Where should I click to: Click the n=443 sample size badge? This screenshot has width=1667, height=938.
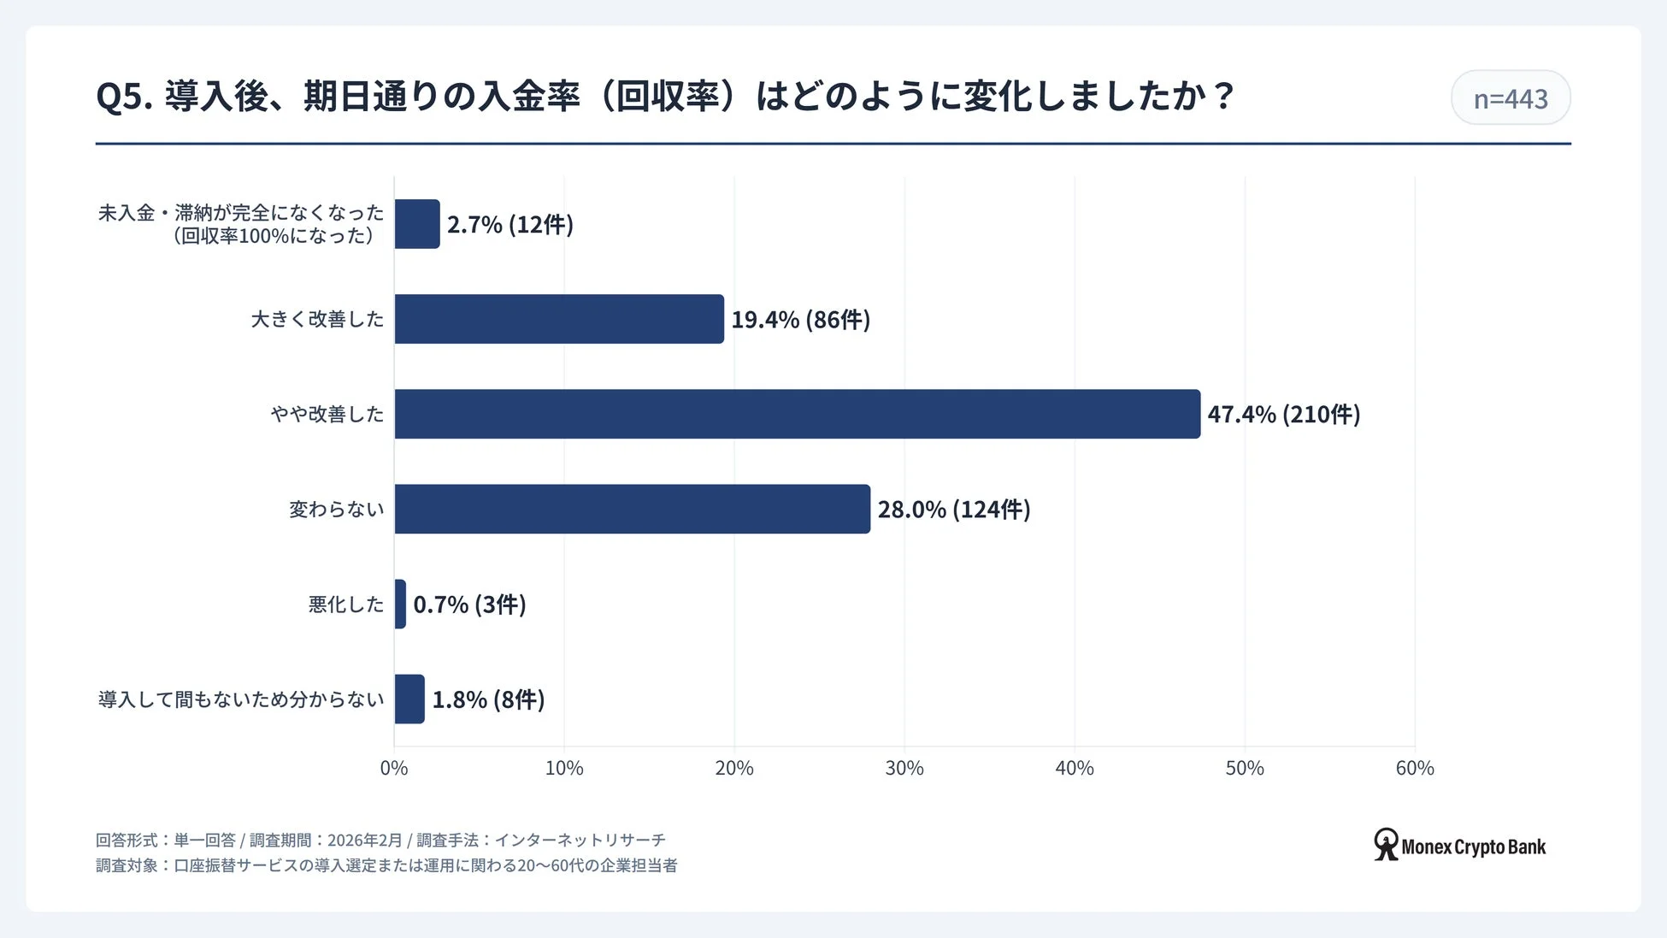point(1510,98)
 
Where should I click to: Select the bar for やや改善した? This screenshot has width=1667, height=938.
point(797,414)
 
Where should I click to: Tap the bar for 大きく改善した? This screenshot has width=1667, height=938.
point(559,319)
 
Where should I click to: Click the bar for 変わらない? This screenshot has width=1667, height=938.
point(632,509)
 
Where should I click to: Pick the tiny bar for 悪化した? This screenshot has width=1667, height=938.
point(400,604)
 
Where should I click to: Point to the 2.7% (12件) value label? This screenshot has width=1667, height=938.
point(510,224)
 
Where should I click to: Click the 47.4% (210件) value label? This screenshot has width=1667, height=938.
point(1283,414)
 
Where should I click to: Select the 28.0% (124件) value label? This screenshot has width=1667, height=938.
point(953,509)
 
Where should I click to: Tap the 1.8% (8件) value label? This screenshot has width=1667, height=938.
point(488,699)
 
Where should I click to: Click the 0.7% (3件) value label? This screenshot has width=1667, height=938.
point(469,605)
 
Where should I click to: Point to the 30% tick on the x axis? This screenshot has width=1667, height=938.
point(904,768)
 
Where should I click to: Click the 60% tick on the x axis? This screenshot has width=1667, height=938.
point(1414,768)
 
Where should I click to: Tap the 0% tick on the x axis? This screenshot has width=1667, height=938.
point(394,768)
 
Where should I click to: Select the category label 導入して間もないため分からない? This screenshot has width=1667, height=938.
point(241,699)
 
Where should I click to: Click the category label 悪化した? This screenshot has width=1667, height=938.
point(346,605)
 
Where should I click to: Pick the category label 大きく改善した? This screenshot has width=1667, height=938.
point(317,319)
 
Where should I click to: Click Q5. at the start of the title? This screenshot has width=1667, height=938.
point(124,97)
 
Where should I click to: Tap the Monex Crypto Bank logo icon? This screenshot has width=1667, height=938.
point(1386,844)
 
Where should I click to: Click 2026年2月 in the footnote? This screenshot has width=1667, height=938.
point(364,841)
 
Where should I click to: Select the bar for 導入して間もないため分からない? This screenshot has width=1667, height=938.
point(409,699)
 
